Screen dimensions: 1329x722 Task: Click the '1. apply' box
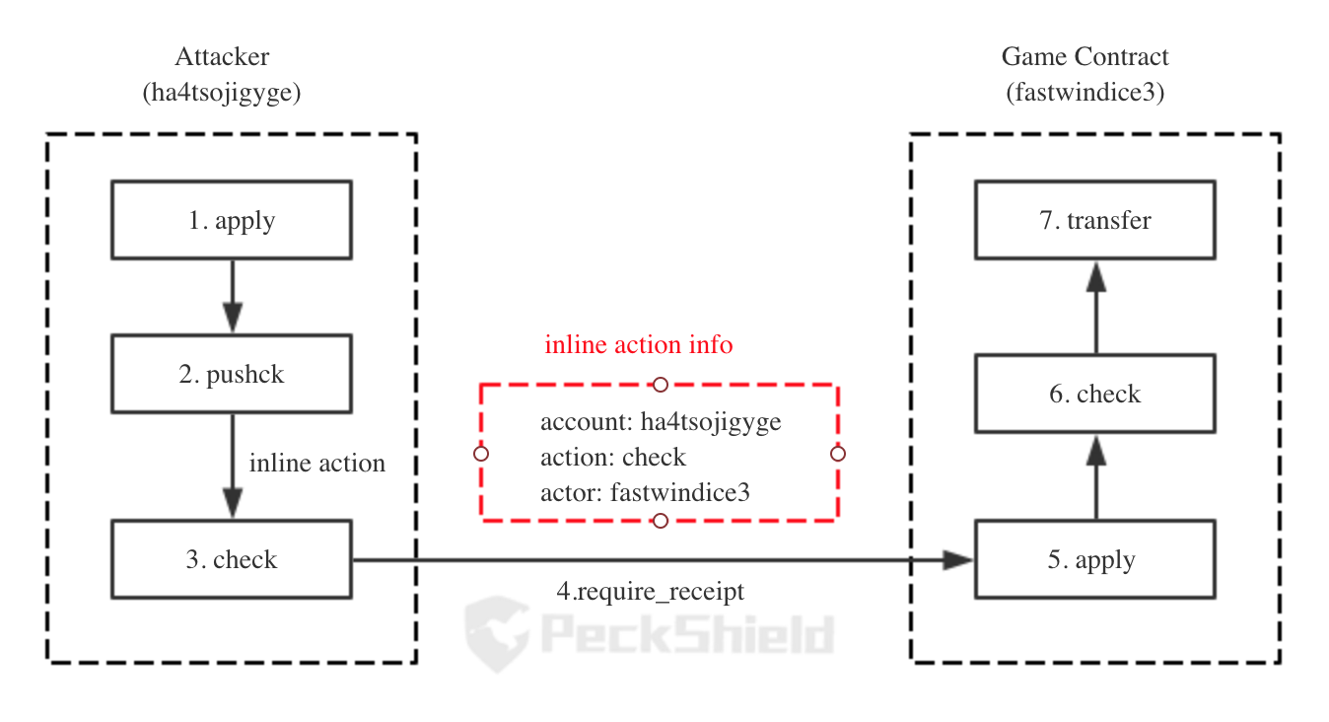pyautogui.click(x=232, y=220)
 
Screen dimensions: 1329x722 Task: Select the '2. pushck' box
pyautogui.click(x=232, y=374)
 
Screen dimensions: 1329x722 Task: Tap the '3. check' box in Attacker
pyautogui.click(x=232, y=559)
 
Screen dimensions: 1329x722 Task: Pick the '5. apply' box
pyautogui.click(x=1095, y=559)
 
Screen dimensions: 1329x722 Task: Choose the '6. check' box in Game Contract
pyautogui.click(x=1095, y=394)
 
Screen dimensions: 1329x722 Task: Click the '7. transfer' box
pyautogui.click(x=1095, y=220)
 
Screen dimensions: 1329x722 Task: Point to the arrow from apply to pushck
pyautogui.click(x=232, y=297)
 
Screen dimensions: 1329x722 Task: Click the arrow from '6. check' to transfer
pyautogui.click(x=1095, y=308)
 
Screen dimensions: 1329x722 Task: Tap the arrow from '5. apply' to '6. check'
pyautogui.click(x=1095, y=476)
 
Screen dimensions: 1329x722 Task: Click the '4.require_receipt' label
pyautogui.click(x=651, y=592)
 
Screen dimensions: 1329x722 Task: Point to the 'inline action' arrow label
pyautogui.click(x=316, y=464)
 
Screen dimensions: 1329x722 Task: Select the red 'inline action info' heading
pyautogui.click(x=639, y=344)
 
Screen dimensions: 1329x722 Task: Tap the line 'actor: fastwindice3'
pyautogui.click(x=645, y=493)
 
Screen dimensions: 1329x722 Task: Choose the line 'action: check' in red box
pyautogui.click(x=613, y=458)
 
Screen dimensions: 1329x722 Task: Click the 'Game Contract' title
pyautogui.click(x=1084, y=56)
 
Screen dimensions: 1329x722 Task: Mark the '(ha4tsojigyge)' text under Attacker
pyautogui.click(x=221, y=93)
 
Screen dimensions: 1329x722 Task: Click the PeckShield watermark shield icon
pyautogui.click(x=497, y=634)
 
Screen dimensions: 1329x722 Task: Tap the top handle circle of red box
pyautogui.click(x=660, y=385)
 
